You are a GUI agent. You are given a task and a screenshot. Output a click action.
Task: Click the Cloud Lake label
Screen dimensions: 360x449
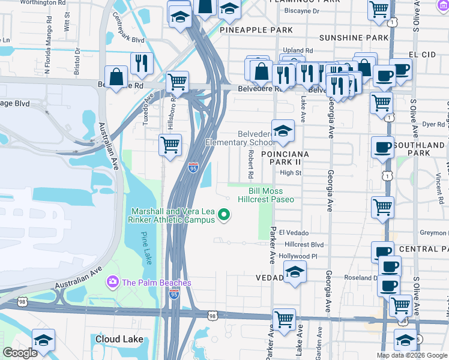[119, 339]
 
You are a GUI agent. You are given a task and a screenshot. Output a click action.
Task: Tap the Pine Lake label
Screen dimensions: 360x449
[148, 249]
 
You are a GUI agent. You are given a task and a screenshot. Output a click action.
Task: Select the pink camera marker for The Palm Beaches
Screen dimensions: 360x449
[112, 282]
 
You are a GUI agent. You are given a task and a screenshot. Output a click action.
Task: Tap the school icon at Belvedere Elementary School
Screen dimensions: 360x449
[283, 131]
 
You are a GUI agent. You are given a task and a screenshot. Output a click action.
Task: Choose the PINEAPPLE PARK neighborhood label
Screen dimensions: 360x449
[256, 29]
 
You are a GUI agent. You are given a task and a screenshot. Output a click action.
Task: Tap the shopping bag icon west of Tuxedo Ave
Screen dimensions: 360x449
[116, 77]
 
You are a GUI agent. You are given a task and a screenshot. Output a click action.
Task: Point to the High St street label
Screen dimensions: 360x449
[291, 173]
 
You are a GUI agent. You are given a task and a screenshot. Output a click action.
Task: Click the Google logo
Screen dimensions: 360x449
[20, 352]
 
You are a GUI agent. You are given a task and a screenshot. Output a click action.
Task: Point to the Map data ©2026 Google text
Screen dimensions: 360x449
[411, 355]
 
